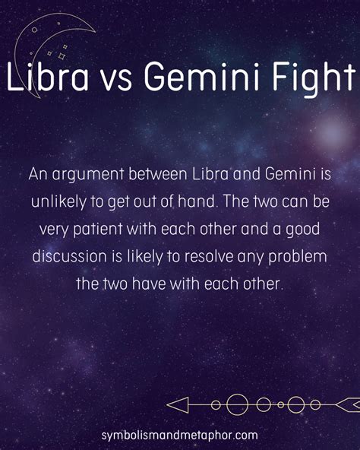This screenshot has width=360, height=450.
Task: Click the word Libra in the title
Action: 48,77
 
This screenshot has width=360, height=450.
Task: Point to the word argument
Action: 88,175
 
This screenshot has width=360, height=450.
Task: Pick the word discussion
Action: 69,256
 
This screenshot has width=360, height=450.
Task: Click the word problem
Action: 298,257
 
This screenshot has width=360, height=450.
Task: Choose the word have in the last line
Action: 149,284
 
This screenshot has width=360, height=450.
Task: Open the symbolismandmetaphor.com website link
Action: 179,436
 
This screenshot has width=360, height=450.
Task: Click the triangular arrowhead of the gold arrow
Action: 177,405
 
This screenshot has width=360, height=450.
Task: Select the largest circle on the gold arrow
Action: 237,404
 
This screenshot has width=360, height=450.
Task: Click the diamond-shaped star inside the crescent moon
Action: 62,56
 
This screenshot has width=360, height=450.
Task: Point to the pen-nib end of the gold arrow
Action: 348,404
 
